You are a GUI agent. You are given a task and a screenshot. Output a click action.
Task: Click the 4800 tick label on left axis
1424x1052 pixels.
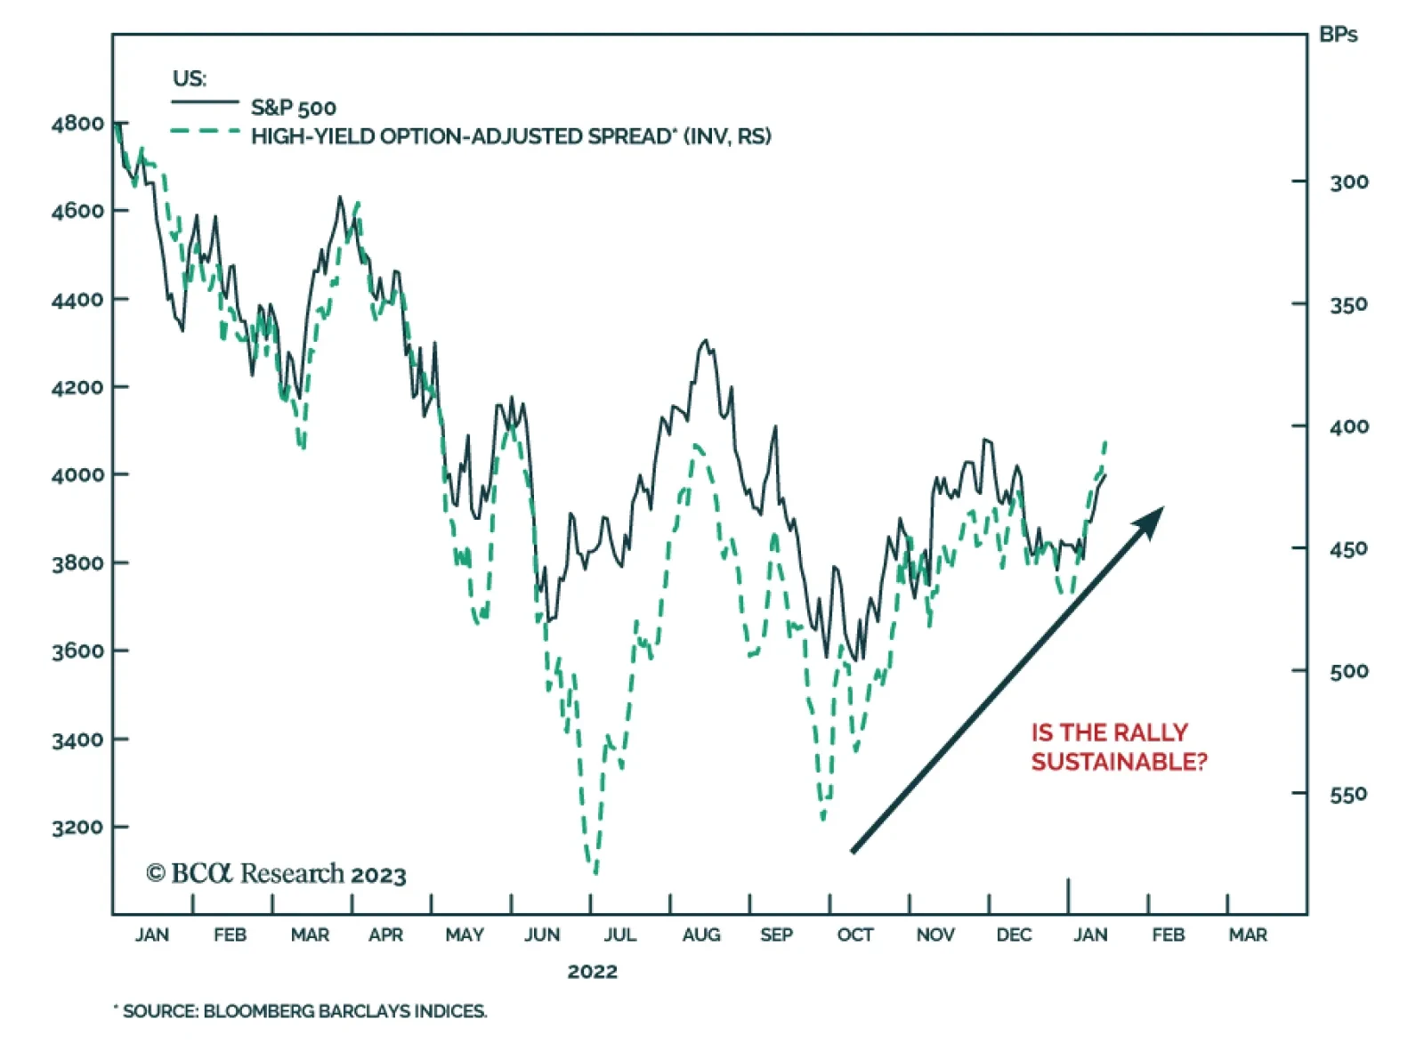77,124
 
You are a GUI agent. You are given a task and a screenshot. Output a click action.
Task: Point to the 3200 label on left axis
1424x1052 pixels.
77,828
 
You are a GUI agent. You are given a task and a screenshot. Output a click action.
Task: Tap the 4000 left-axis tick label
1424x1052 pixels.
77,475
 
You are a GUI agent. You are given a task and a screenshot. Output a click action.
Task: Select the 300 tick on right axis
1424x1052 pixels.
1348,182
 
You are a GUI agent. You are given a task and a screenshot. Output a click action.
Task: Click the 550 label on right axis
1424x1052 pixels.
1348,794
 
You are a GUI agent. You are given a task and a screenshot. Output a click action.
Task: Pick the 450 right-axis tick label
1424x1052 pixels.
1348,549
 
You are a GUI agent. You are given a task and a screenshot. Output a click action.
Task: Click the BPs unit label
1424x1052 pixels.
1338,35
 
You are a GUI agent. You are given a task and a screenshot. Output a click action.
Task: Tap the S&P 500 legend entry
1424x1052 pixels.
293,109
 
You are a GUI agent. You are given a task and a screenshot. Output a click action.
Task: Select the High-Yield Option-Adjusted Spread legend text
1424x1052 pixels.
510,136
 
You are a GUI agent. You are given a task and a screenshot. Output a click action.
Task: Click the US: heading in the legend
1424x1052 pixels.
189,78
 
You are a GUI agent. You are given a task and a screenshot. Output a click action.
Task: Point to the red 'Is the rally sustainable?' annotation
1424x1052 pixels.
1118,747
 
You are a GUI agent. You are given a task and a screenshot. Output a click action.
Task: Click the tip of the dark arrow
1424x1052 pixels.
1162,509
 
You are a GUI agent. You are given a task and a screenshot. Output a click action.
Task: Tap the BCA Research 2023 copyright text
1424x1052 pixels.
276,874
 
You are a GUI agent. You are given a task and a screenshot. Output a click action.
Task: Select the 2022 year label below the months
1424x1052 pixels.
592,971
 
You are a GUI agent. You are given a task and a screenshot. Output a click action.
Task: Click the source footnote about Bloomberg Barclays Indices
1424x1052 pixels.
303,1011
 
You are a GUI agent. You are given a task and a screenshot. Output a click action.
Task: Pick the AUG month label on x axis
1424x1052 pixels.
700,935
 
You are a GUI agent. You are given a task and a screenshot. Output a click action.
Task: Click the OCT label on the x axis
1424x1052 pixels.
854,935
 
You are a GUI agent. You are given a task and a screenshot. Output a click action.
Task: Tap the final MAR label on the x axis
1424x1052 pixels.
1248,935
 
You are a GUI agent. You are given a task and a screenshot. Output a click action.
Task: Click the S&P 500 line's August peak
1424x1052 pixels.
706,340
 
